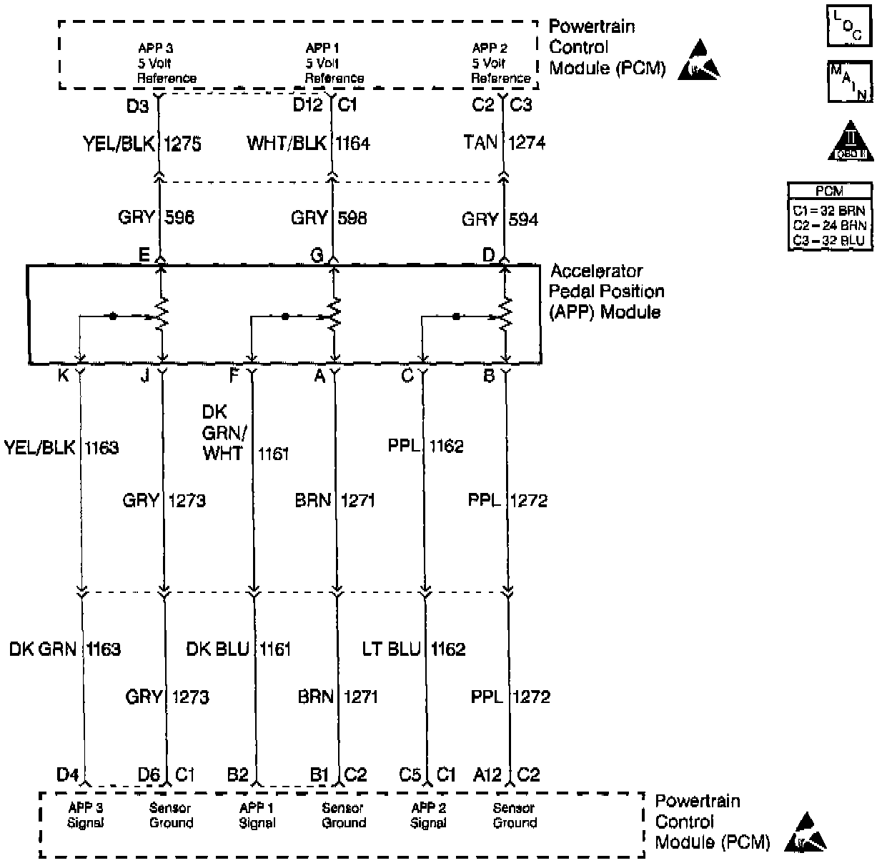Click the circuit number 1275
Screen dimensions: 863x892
pos(182,144)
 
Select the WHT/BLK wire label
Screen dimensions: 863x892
pos(286,144)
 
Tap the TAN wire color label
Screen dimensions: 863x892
pos(480,143)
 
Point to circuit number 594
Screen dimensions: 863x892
pos(523,219)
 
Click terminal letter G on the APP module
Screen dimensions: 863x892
pos(317,255)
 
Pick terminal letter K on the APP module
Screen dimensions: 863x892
pos(63,375)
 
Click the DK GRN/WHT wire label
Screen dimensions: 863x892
pos(224,432)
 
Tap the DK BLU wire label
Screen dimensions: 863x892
pos(217,649)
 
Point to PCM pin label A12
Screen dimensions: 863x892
pos(487,774)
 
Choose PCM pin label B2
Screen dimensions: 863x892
pos(237,774)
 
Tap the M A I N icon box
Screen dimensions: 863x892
pos(849,81)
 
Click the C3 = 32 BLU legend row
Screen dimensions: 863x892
pos(829,241)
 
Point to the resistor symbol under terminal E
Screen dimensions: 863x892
pos(162,313)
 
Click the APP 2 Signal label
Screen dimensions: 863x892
pos(428,815)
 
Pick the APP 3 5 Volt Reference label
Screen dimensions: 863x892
pos(166,63)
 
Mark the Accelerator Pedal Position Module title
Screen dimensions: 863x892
pos(606,291)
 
